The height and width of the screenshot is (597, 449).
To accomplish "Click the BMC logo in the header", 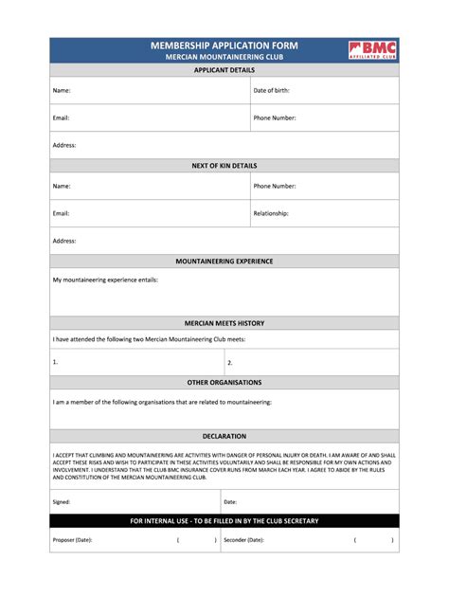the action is click(x=372, y=50).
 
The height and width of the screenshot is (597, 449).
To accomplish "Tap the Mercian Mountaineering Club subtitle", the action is click(x=224, y=58).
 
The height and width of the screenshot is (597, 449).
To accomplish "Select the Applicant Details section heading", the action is click(x=224, y=70).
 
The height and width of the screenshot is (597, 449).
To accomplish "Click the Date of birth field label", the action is click(x=271, y=91).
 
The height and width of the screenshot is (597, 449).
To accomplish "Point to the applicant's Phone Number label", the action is click(x=275, y=118).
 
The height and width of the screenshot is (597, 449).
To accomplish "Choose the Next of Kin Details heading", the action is click(x=224, y=166).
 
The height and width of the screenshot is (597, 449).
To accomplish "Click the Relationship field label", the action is click(x=271, y=213).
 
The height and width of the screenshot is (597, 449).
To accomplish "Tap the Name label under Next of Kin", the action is click(x=62, y=187).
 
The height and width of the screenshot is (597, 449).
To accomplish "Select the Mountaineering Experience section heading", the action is click(x=224, y=261).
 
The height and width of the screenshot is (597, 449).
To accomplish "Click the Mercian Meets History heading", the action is click(x=224, y=323).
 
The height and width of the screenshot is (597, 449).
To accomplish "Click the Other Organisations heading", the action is click(x=224, y=382).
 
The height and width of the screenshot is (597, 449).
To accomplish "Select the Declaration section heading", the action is click(x=224, y=437).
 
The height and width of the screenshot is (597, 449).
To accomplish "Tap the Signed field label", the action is click(x=62, y=502).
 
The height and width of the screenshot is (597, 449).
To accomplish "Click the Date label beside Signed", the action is click(x=230, y=502).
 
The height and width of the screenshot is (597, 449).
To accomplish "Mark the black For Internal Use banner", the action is click(x=224, y=521).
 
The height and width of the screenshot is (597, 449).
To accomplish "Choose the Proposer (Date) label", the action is click(x=73, y=540).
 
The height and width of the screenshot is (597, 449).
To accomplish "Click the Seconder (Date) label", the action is click(x=243, y=540).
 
